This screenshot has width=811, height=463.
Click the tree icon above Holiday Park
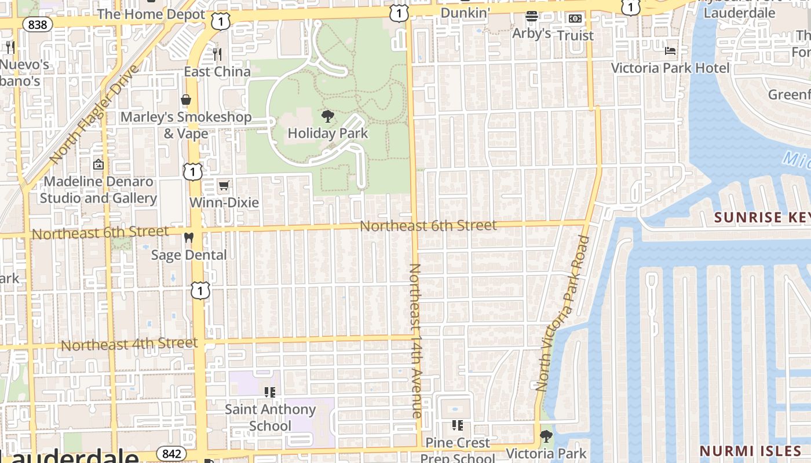pos(327,116)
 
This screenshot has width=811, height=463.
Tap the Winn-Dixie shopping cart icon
pos(224,186)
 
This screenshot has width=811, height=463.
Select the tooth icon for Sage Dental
pos(188,237)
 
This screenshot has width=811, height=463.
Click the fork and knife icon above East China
pos(217,54)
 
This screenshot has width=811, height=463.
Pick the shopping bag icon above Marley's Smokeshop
pos(186,100)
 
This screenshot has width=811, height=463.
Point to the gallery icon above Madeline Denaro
pos(98,164)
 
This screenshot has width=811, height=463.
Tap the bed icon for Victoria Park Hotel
pos(670,51)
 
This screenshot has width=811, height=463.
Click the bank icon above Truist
pos(575,19)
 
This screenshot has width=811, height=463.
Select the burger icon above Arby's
pos(531,16)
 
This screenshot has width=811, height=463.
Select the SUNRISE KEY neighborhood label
pos(762,217)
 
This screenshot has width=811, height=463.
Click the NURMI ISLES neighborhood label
pos(750,450)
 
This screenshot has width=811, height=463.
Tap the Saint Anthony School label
pos(270,417)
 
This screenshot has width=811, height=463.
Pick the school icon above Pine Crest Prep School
pos(458,425)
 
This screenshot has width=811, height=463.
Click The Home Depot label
pos(151,14)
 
